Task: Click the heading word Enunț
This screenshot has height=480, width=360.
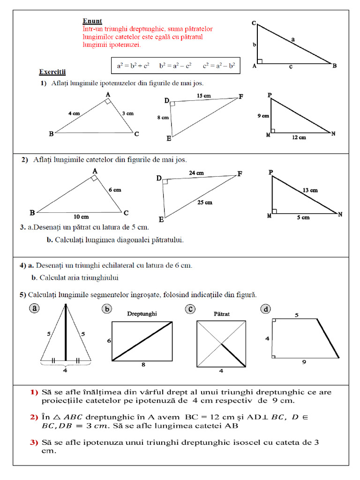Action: (92, 21)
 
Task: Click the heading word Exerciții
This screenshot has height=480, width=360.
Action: (52, 72)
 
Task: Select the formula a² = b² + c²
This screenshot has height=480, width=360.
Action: (133, 66)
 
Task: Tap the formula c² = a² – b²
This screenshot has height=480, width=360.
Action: (219, 66)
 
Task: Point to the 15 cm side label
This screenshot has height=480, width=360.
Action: (204, 96)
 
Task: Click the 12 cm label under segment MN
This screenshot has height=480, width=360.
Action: (299, 138)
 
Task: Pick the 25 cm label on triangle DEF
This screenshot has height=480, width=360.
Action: (205, 202)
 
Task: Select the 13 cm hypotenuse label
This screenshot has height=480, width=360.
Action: (310, 190)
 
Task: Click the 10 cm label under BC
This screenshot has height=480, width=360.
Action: (81, 217)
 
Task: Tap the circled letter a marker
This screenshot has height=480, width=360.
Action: (34, 308)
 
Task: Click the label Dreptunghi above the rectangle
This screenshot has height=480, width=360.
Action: (142, 314)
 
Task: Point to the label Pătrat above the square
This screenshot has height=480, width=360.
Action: (221, 314)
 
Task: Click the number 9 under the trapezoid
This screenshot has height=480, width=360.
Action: (304, 362)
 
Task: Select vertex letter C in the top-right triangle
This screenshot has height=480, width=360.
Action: (253, 23)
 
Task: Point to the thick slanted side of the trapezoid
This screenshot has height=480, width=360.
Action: (328, 338)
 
